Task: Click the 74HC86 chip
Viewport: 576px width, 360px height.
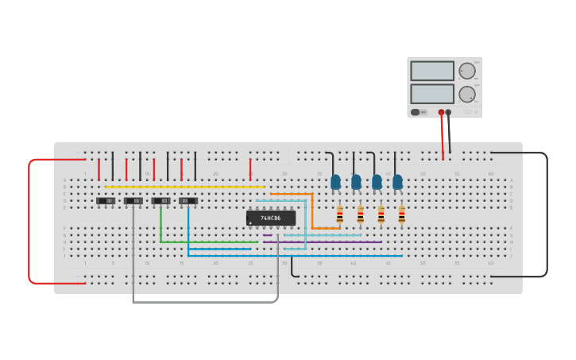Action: point(271,218)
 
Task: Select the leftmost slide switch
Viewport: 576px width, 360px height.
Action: point(106,201)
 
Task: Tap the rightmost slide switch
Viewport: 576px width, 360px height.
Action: point(188,201)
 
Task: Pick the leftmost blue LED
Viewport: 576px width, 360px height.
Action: point(335,182)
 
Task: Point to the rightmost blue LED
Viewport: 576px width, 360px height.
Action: point(397,182)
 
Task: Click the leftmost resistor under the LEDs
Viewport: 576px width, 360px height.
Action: point(340,214)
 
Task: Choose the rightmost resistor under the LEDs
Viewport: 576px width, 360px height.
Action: point(402,214)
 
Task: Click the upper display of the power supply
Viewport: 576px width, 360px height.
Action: point(432,71)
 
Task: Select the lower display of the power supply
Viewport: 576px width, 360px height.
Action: point(432,94)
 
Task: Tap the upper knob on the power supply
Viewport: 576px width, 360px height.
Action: point(466,71)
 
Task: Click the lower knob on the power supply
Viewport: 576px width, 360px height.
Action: point(466,93)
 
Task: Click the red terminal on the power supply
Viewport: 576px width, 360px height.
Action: point(441,112)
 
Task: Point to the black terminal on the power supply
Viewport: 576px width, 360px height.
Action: point(448,112)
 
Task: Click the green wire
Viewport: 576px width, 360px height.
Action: point(207,242)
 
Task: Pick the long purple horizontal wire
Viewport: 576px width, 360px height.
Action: point(326,242)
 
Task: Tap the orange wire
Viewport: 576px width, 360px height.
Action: point(311,211)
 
